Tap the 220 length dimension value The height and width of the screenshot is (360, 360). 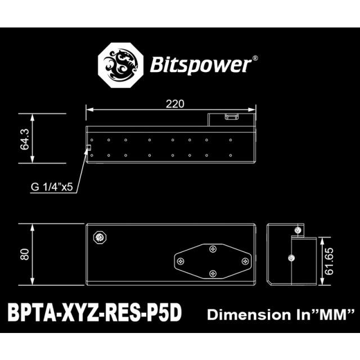[174, 103]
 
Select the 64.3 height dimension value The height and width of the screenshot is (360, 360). [25, 138]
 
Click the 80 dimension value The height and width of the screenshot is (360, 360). [24, 254]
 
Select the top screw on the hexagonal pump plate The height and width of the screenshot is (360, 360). [213, 249]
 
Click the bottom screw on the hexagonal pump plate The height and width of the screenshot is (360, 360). [213, 273]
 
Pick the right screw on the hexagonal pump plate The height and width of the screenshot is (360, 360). [244, 261]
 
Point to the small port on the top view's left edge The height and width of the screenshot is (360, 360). [88, 148]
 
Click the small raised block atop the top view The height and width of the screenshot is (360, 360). [231, 116]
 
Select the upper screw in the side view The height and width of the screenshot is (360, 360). [298, 230]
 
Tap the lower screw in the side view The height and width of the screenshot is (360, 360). [291, 258]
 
